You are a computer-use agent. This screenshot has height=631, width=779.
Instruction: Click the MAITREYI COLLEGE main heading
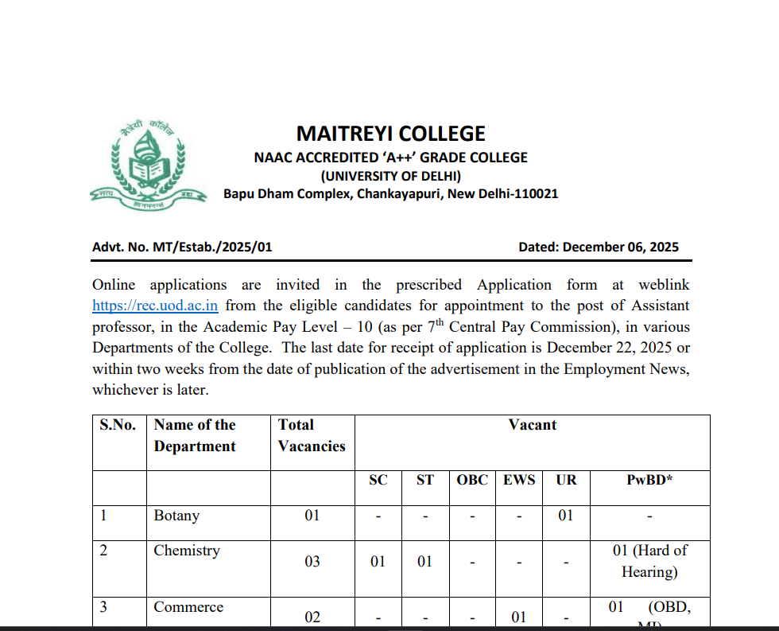point(390,134)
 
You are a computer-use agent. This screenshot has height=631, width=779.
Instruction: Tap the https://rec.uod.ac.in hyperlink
point(155,306)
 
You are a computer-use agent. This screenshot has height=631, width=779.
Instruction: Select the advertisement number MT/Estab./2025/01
point(182,247)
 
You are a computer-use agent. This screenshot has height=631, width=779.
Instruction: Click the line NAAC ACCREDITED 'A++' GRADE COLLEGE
point(390,158)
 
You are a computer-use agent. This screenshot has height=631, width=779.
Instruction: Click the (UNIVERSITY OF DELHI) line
point(390,176)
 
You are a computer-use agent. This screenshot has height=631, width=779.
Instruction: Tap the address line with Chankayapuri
point(390,194)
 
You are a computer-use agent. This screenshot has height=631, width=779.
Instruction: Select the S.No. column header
point(118,425)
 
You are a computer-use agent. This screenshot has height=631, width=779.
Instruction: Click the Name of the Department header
point(195,435)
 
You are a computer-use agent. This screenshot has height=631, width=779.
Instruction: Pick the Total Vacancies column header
point(312,435)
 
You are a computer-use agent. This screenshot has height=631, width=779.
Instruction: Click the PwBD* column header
point(649,480)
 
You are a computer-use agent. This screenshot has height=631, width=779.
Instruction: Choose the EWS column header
point(519,480)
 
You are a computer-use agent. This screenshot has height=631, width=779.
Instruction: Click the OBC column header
point(472,480)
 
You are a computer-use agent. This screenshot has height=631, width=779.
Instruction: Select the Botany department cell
point(176,516)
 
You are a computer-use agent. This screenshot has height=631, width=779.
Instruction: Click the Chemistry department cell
point(187,551)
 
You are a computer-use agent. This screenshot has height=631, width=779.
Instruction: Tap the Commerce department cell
point(188,607)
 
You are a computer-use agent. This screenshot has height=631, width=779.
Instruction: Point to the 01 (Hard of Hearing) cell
point(649,561)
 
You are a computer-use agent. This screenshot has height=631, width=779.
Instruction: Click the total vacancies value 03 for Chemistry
point(312,562)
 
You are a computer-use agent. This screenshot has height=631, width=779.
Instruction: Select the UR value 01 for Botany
point(565,516)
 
